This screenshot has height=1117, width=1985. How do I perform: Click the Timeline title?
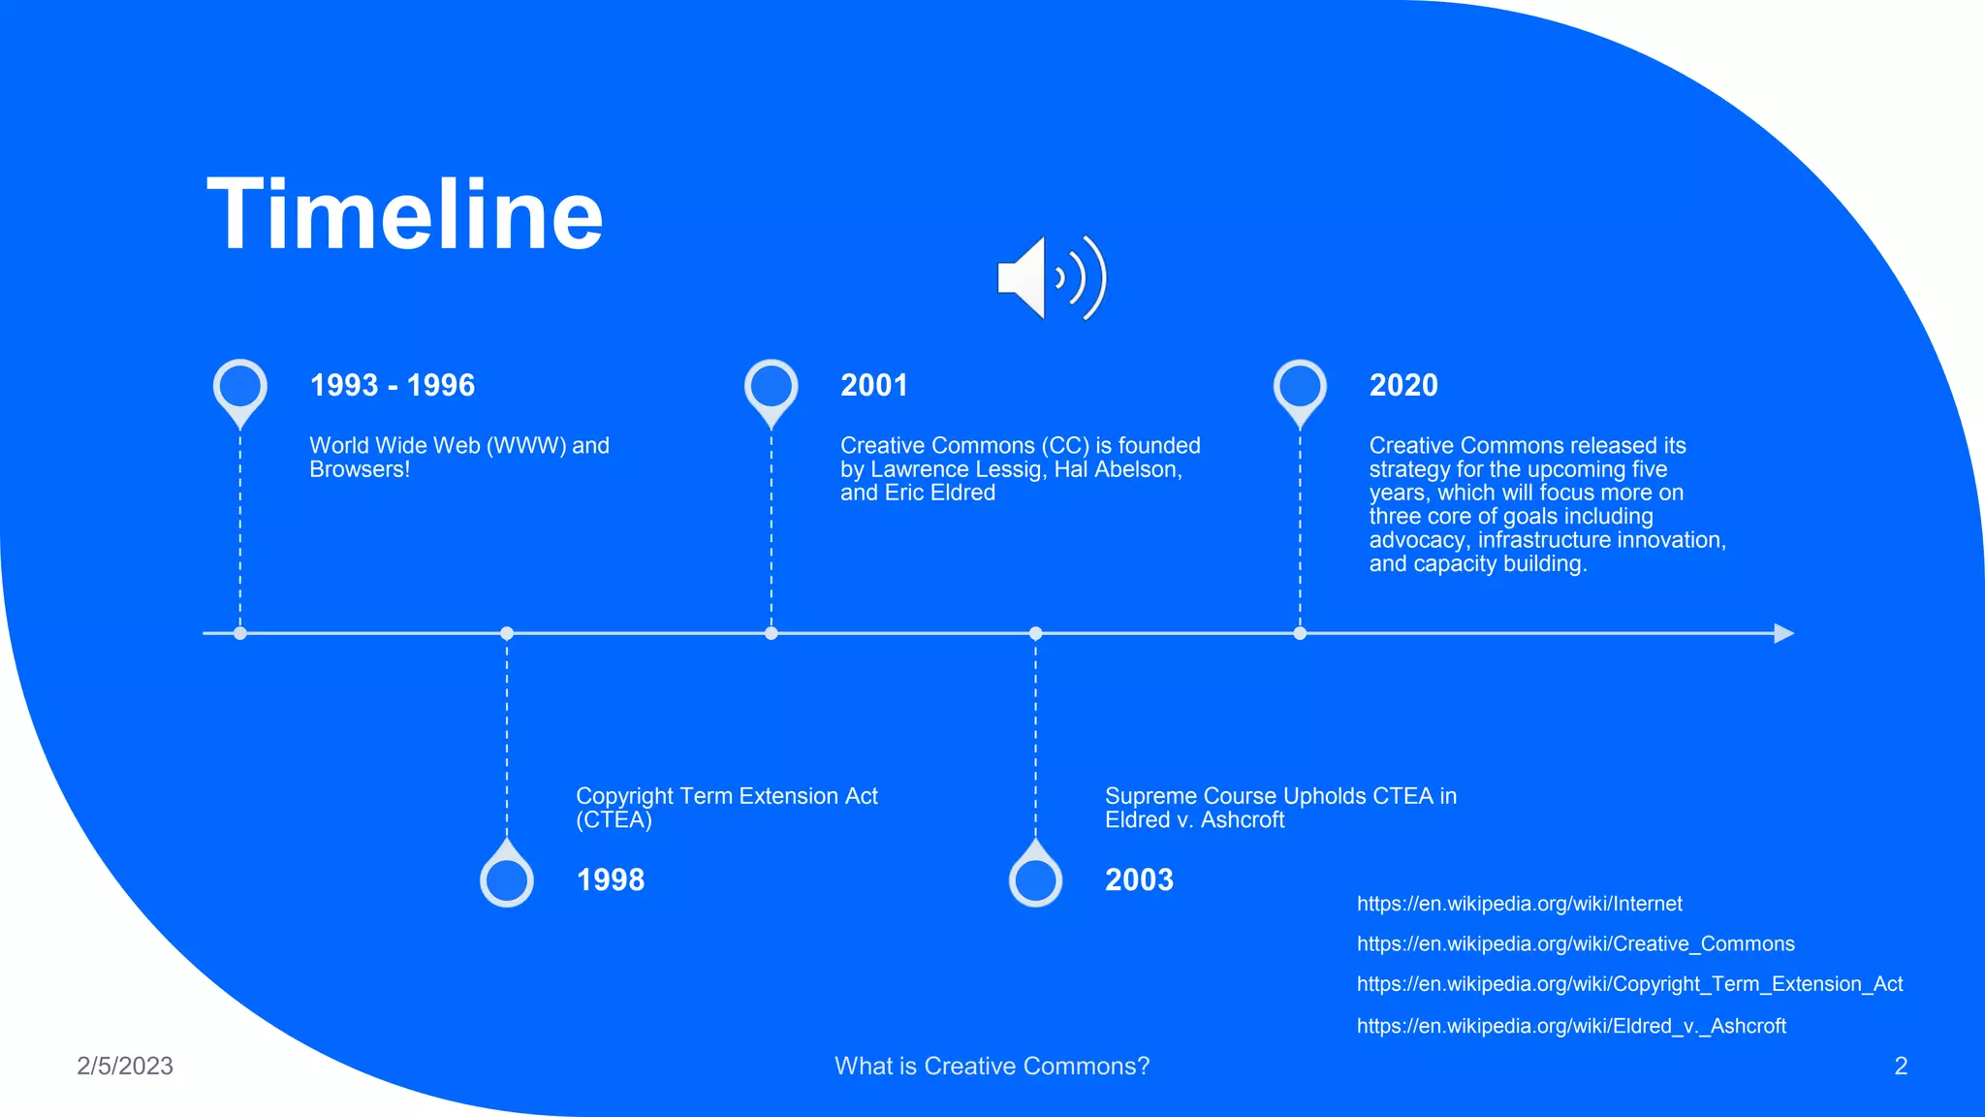405,214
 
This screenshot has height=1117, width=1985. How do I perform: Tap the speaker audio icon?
1051,278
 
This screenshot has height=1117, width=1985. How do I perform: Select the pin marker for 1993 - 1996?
240,388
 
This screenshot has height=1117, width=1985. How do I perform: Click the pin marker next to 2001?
772,388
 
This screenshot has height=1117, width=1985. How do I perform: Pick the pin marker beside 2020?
1300,388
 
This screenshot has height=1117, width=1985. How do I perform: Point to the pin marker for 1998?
507,878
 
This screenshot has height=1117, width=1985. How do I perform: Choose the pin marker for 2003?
1035,878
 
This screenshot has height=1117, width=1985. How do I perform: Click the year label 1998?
611,879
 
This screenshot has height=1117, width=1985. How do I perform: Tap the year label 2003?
1139,879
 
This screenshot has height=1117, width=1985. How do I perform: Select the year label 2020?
1403,385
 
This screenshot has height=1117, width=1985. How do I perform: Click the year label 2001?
874,385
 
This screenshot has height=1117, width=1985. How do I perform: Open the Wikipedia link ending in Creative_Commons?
1575,943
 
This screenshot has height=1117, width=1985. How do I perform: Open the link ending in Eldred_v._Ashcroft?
1571,1026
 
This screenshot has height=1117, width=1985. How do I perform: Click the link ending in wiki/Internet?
1519,904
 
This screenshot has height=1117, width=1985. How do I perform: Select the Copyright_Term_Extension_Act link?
1629,984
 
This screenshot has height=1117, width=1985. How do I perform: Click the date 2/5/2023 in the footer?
125,1066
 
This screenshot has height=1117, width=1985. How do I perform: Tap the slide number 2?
1901,1066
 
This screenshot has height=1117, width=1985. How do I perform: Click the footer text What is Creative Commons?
992,1066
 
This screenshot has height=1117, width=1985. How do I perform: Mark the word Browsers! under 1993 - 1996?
360,470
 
